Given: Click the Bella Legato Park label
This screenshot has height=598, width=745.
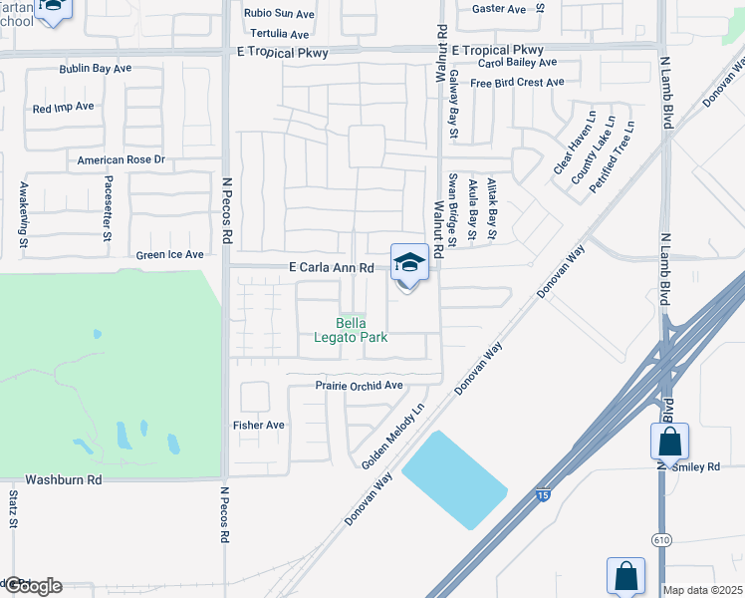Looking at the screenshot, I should click(361, 331).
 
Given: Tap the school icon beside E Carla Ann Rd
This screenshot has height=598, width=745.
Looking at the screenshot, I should click(409, 264).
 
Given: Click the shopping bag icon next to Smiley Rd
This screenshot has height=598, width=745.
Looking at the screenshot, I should click(670, 442).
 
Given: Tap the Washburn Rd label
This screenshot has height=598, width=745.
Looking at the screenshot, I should click(64, 479).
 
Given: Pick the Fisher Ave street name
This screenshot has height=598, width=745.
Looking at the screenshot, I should click(259, 426).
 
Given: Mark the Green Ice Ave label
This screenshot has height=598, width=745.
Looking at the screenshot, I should click(170, 255).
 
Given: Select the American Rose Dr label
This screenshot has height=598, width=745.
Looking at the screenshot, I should click(121, 159).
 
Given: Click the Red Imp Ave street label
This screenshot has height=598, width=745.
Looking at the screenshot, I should click(63, 107).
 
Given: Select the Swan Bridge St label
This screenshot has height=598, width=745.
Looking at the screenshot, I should click(452, 209).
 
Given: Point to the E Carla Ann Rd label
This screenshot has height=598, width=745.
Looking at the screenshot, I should click(332, 268).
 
